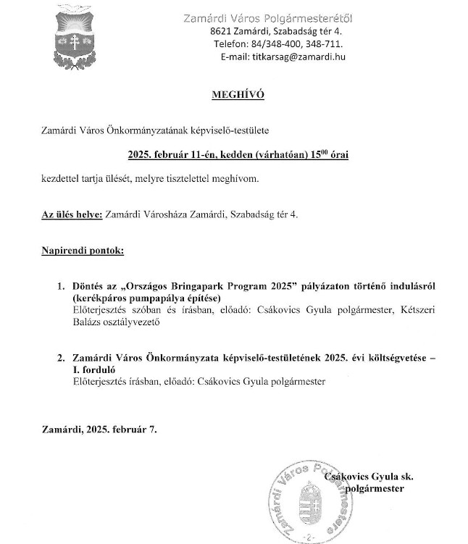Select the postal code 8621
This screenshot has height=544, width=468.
coord(221,33)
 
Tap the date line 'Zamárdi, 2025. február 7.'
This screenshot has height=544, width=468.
coord(99,429)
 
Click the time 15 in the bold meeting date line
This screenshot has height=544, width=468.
coord(315,154)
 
